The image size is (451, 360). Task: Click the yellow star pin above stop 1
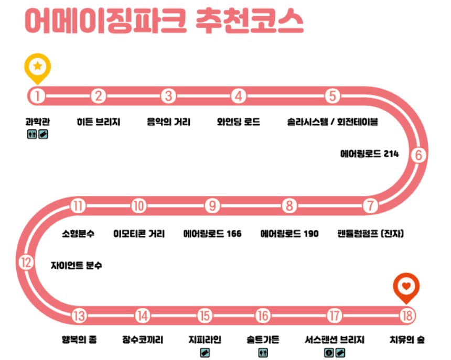click(38, 67)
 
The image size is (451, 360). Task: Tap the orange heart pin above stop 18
click(406, 287)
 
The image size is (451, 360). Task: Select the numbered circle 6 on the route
click(417, 155)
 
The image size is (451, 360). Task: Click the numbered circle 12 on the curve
click(26, 262)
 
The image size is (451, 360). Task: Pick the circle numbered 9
click(212, 205)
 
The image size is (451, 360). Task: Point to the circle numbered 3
click(168, 96)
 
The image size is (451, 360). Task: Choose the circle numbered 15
click(205, 315)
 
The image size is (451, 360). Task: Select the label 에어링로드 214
click(369, 154)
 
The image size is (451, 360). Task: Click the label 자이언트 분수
click(77, 266)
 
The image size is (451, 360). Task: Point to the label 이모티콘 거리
click(139, 234)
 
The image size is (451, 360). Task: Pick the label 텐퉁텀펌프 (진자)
click(371, 234)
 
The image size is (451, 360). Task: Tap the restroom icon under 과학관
click(32, 135)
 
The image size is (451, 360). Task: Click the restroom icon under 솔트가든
click(263, 353)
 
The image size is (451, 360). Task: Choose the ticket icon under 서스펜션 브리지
click(340, 353)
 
